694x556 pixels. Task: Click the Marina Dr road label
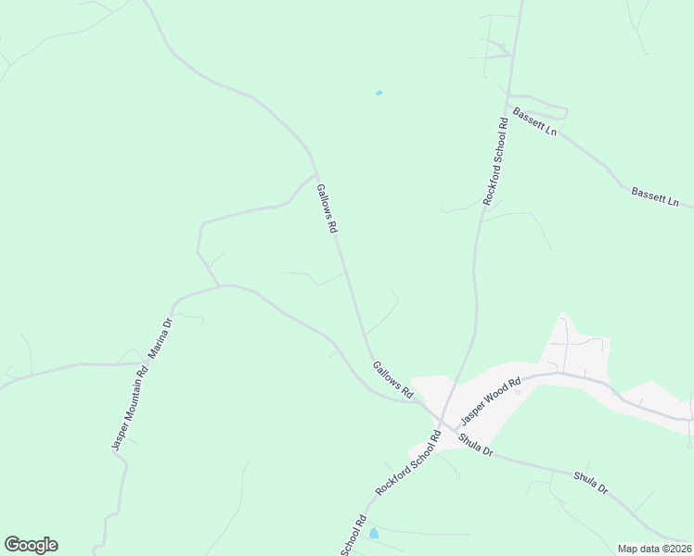161,338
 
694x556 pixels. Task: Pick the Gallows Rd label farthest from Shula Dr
326,208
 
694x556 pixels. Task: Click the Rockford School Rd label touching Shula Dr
406,462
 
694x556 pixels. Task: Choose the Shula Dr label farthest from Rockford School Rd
590,483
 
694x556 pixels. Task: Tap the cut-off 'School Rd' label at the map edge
354,536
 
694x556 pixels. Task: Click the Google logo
31,545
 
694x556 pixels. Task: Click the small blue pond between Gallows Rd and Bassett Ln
378,93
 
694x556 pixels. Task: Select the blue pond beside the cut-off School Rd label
373,534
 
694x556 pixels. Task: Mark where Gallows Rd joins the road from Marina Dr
417,401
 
